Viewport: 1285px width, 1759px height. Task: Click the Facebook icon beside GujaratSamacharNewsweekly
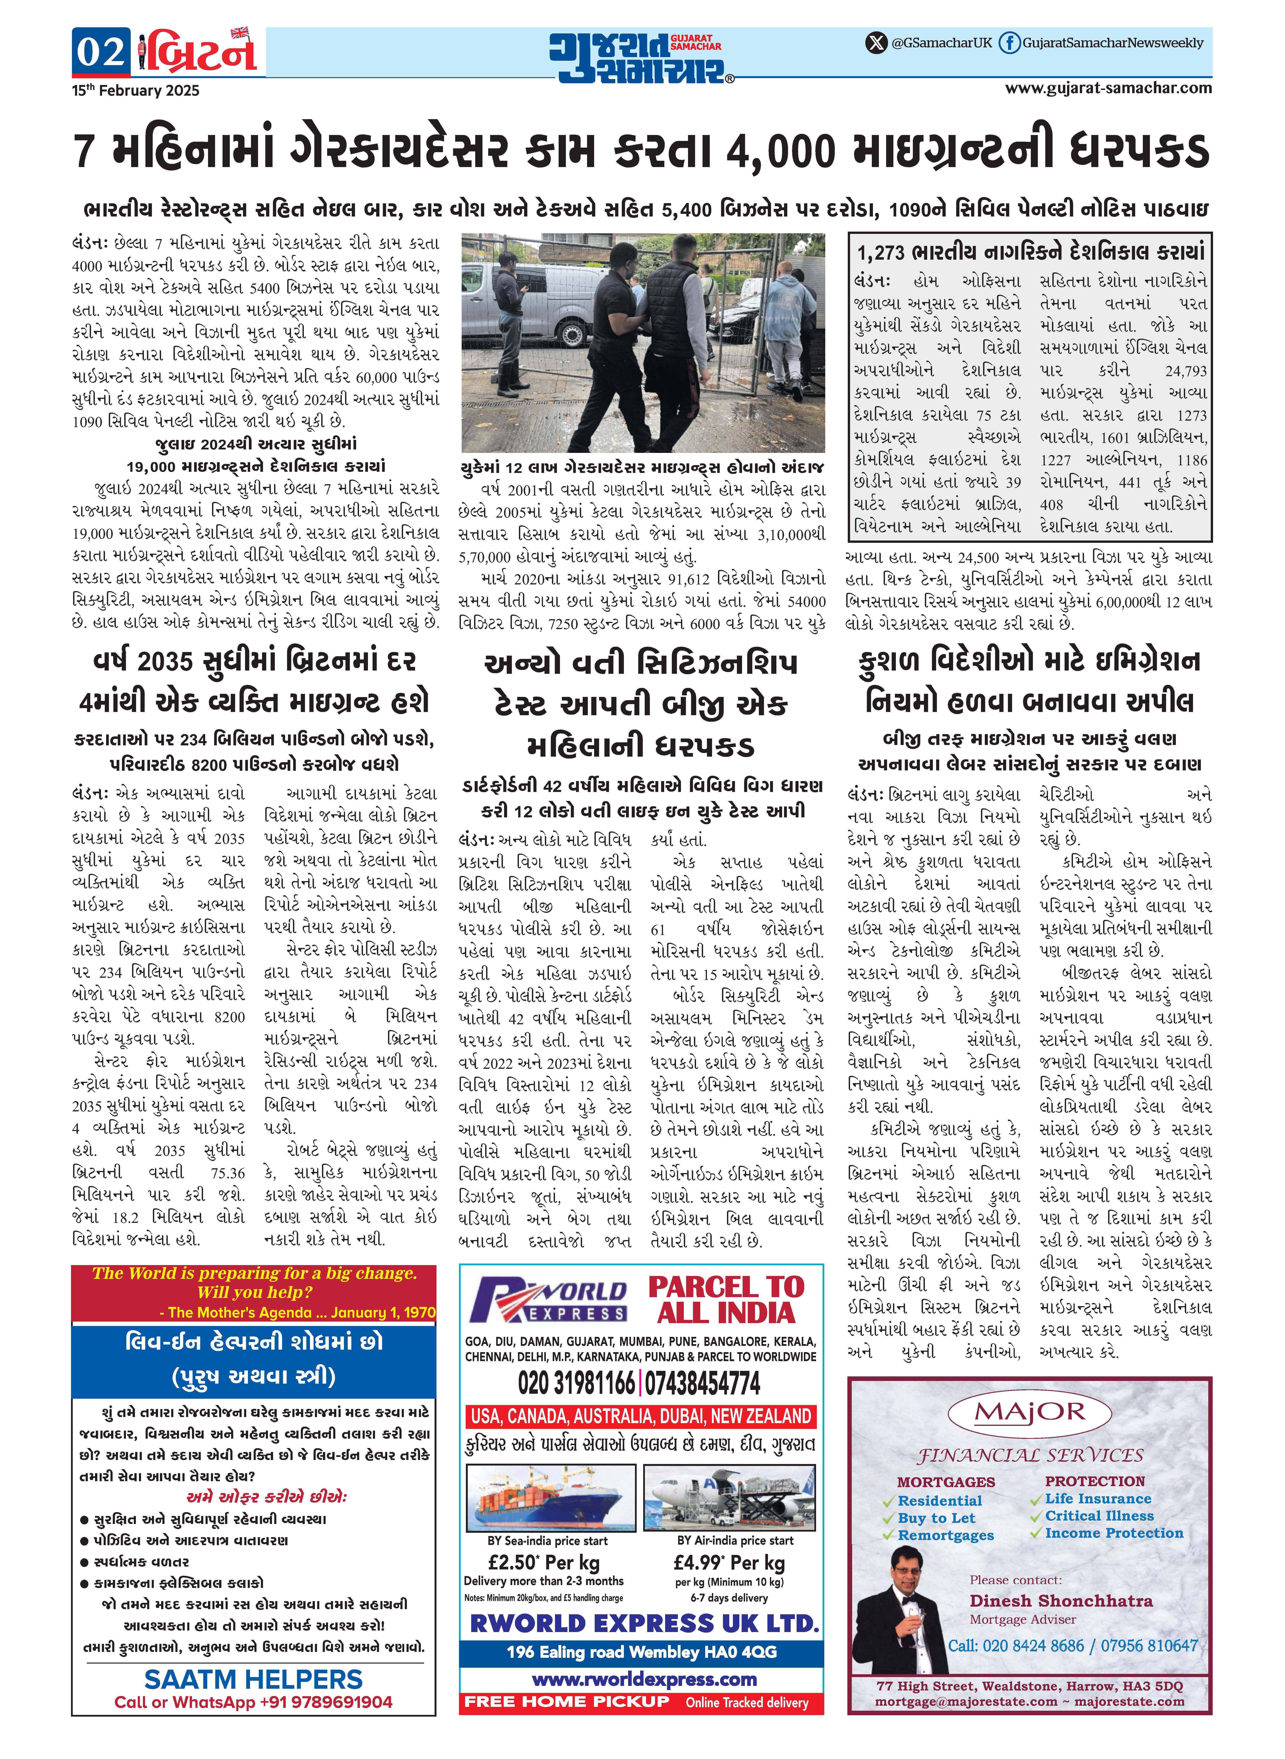pyautogui.click(x=1009, y=43)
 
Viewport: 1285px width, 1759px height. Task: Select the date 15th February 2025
pyautogui.click(x=135, y=90)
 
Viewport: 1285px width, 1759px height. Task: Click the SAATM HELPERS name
pyautogui.click(x=254, y=1679)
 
